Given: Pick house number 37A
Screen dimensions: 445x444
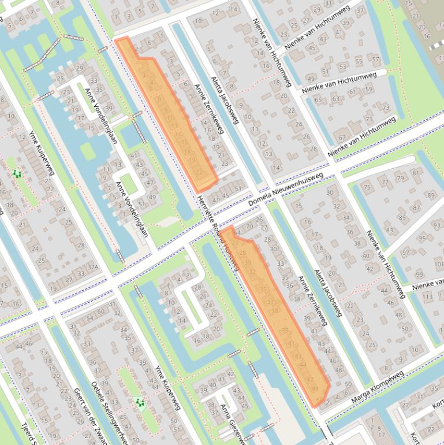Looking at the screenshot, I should pos(91,267).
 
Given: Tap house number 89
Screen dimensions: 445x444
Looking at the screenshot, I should pos(430,195).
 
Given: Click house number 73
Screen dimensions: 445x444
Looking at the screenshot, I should pos(386,107).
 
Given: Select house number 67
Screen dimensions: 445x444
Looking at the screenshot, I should pos(342,138).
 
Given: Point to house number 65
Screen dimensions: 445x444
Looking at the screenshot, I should pos(318,100).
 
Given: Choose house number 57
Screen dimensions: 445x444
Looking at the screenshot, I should pos(376,59).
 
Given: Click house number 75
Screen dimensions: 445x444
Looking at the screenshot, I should pos(367,187).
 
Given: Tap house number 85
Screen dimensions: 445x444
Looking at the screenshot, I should pos(402,217).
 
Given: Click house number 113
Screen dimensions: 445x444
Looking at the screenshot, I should pos(428,297).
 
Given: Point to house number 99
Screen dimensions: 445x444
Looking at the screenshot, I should pos(419,274).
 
